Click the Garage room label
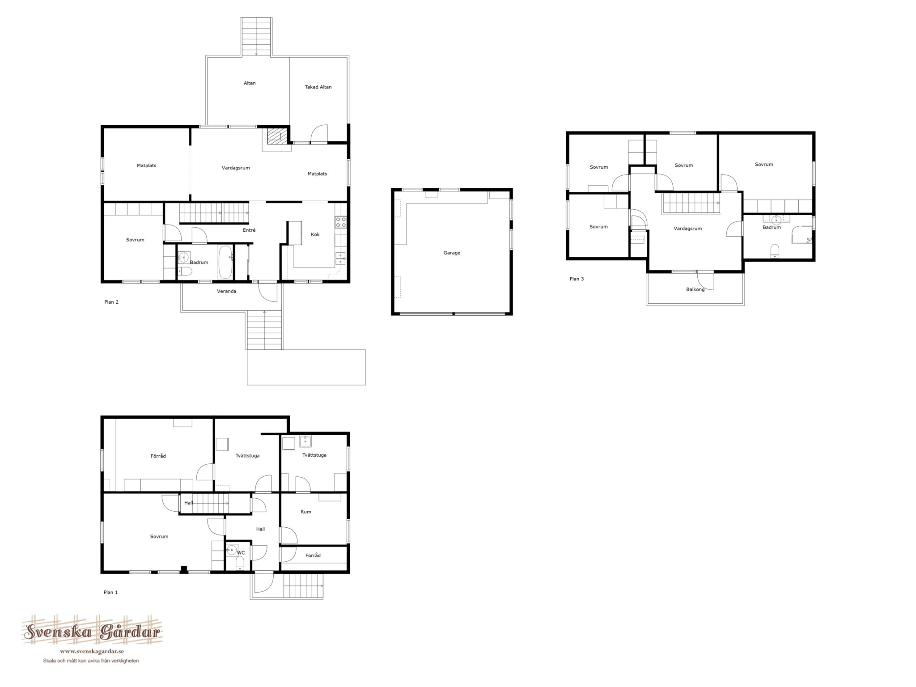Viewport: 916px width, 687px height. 452,253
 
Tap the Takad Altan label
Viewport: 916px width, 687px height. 318,87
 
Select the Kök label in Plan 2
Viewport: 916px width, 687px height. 315,234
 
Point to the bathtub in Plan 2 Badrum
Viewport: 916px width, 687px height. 225,262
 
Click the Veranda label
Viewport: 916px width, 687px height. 227,291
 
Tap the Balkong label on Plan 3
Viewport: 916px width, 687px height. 695,289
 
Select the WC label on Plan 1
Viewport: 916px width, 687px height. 241,553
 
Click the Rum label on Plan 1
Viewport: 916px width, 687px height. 306,512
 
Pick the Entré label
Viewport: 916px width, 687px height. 249,230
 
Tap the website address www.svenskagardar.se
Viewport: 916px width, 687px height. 92,651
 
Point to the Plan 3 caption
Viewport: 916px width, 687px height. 577,279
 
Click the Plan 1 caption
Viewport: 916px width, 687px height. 110,592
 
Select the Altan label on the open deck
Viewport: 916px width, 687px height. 250,83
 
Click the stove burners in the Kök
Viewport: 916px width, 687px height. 341,222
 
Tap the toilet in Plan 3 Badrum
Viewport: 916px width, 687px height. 775,251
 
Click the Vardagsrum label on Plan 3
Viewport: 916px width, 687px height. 688,229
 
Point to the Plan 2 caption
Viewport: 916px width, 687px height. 111,302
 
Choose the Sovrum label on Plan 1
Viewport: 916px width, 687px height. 159,536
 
